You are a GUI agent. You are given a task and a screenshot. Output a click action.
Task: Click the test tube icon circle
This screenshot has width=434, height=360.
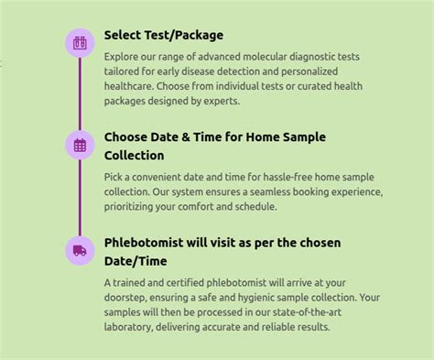[80, 42]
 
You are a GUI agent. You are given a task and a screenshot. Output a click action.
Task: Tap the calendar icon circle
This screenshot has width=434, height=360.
[80, 145]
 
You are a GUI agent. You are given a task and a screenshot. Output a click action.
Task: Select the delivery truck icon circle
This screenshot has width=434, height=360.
[80, 249]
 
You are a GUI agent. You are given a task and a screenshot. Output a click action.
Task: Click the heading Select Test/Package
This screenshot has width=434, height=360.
[163, 35]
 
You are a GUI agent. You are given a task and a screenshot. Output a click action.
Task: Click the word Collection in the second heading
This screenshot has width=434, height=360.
[134, 156]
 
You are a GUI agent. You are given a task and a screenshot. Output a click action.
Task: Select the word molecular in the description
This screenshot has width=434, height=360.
[259, 56]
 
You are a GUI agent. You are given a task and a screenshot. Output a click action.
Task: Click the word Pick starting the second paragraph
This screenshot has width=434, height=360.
[114, 177]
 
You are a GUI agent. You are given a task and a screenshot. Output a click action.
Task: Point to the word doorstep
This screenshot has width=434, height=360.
[126, 298]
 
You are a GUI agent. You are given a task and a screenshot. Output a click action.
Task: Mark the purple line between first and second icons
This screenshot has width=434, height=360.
[80, 93]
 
